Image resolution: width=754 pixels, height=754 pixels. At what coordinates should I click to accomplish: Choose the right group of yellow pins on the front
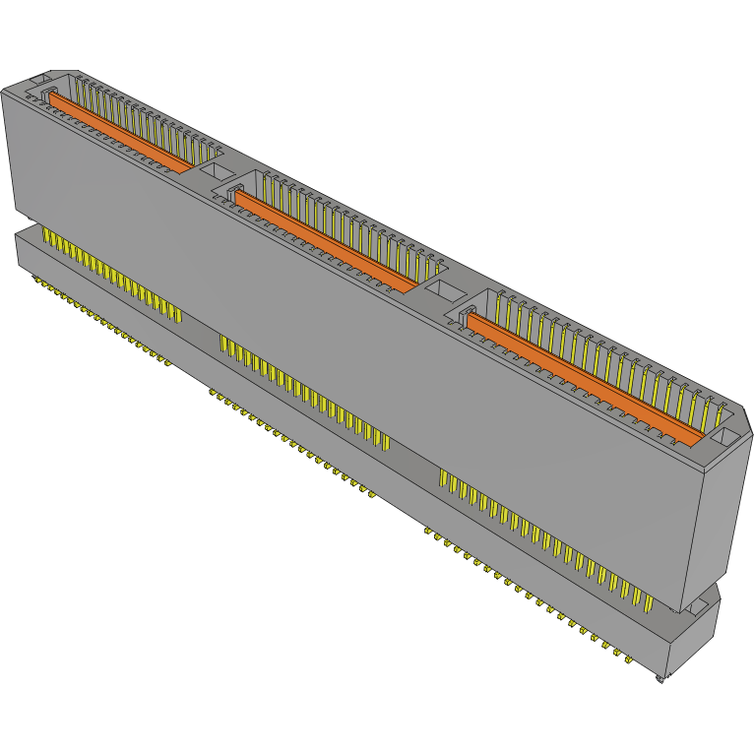pos(541,536)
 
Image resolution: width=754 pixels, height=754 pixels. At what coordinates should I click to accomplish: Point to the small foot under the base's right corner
pos(659,678)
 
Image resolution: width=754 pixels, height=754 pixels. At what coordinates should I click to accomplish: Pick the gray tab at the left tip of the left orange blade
pos(45,92)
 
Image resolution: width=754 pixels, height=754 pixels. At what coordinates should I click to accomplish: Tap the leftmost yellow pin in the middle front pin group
pos(222,344)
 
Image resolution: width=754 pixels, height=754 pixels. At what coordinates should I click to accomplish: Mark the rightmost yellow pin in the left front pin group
pos(178,312)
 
